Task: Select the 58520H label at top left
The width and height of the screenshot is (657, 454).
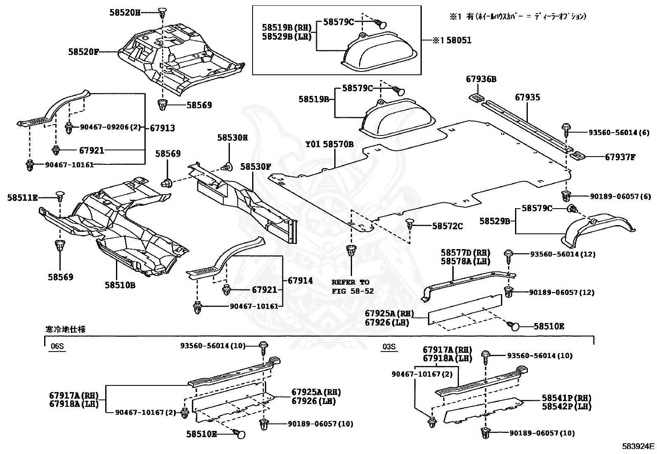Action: tap(124, 13)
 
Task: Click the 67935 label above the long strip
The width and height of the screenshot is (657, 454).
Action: tap(527, 97)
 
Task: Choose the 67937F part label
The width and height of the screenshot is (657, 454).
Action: tap(620, 157)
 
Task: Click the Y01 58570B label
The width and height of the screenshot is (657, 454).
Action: tap(329, 144)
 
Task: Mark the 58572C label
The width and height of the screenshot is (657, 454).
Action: tap(447, 226)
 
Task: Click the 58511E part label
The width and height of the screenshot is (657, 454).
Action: tap(22, 198)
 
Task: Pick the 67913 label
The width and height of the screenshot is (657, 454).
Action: tap(162, 128)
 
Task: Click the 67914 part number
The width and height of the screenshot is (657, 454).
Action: tap(300, 280)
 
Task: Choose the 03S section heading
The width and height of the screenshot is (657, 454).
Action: tap(389, 346)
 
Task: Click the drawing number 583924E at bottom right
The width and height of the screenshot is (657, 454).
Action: tap(638, 446)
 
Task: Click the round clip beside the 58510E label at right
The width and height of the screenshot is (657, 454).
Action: tap(514, 326)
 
